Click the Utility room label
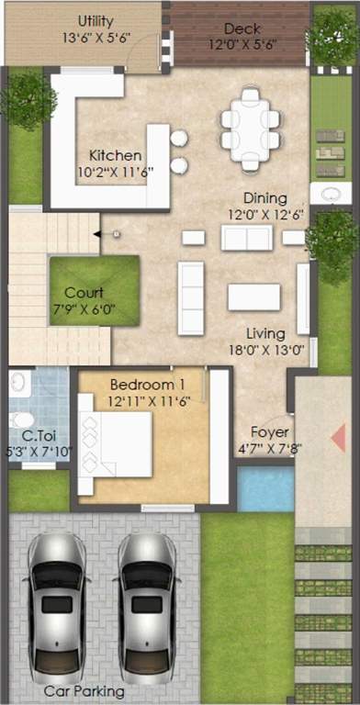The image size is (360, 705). (96, 20)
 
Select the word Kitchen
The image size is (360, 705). (116, 155)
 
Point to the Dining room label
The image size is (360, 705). (264, 198)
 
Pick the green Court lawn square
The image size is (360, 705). (94, 288)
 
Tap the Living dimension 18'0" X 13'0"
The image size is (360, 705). (265, 349)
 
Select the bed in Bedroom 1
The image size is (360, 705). (116, 443)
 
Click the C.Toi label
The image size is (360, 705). (36, 435)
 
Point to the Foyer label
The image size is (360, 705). (270, 432)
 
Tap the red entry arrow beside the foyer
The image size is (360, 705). (339, 438)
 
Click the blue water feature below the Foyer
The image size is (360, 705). (265, 487)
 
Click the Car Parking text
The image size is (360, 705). (84, 691)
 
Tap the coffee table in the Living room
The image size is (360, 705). (253, 297)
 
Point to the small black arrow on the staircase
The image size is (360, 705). (96, 234)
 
